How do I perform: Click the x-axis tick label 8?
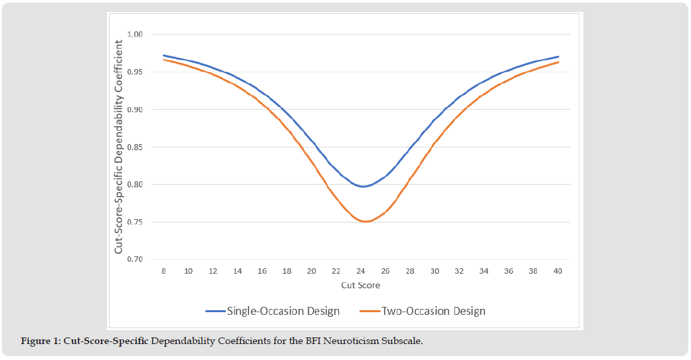(x=164, y=271)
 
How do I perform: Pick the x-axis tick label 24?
(x=361, y=271)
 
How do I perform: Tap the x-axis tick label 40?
(x=558, y=271)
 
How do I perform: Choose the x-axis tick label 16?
(x=262, y=271)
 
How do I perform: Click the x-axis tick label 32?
(x=460, y=271)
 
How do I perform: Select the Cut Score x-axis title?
(x=361, y=285)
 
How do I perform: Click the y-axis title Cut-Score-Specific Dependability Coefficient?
(x=119, y=147)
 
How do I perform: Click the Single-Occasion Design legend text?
(x=283, y=311)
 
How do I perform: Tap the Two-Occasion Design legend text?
(x=433, y=311)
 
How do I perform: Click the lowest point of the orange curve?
(x=365, y=221)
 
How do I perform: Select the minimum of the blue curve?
(x=363, y=187)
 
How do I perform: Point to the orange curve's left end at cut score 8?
(x=164, y=60)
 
